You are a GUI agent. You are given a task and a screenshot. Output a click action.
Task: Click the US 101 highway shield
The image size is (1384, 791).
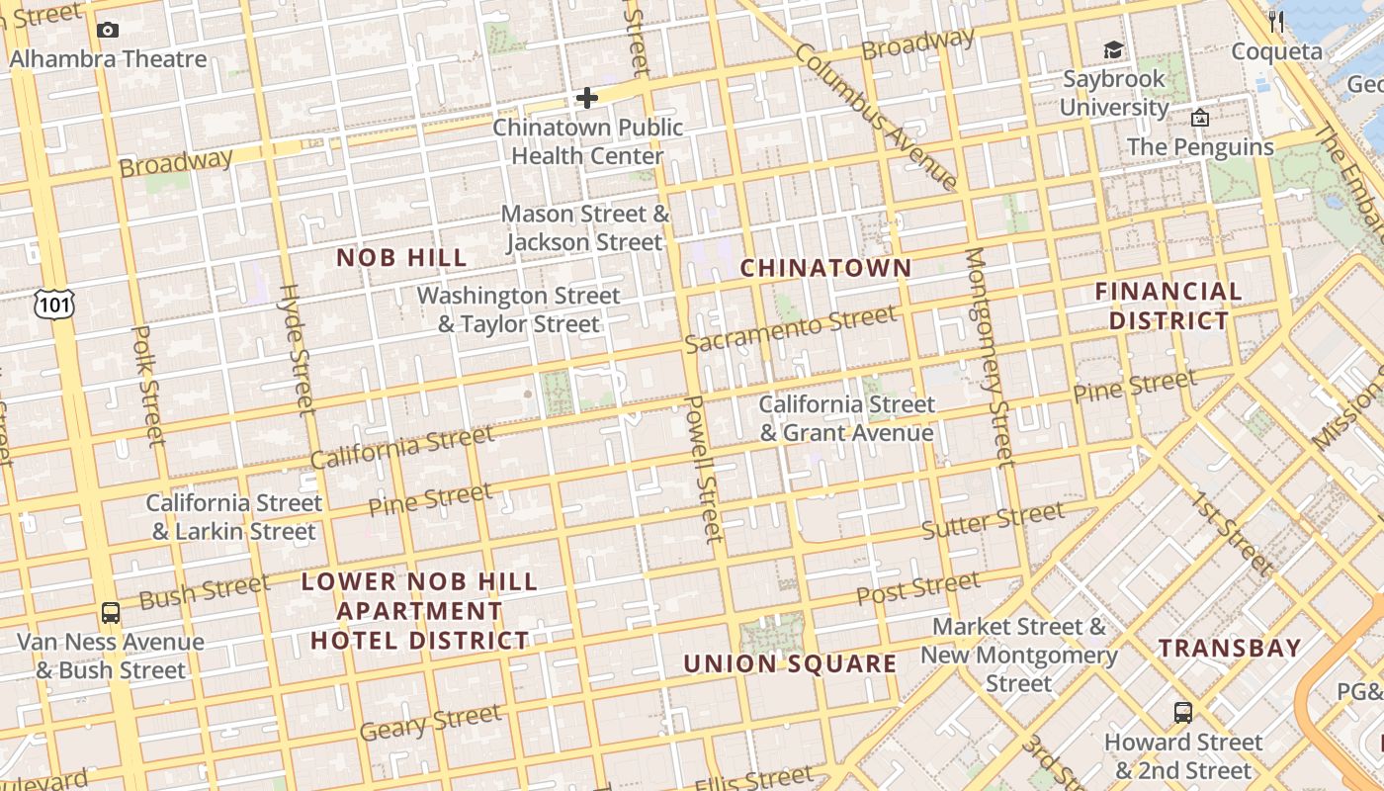(53, 305)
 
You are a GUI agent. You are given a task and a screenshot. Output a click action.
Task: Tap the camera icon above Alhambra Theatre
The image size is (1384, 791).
(108, 31)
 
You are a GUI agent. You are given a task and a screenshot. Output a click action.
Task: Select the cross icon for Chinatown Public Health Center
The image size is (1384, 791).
(587, 98)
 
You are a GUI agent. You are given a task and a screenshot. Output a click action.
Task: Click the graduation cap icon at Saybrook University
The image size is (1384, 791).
(1114, 50)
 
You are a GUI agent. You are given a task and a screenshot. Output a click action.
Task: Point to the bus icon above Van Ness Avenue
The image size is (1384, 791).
(111, 613)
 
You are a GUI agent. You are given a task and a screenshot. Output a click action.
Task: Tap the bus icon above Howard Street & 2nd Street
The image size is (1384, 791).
(1182, 713)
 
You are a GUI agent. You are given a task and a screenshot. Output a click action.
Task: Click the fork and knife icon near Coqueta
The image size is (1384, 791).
(1276, 21)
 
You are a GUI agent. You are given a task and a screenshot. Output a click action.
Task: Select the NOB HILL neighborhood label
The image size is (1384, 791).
(401, 258)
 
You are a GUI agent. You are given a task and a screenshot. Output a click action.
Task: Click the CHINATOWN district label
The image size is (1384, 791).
(825, 268)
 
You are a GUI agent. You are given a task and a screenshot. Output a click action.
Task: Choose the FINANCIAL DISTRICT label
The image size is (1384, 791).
(1168, 306)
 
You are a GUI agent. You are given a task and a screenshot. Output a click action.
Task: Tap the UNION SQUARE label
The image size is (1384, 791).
(790, 663)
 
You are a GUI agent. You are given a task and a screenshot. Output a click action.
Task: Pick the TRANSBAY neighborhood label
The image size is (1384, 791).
(1230, 649)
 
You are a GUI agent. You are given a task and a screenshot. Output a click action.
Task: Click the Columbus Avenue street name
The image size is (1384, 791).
(876, 117)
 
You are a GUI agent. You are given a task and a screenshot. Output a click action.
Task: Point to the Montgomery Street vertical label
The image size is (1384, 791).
(990, 356)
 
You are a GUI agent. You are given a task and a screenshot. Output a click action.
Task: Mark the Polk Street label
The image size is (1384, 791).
(147, 386)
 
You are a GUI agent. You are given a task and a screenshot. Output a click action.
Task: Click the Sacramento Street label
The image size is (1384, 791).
(791, 329)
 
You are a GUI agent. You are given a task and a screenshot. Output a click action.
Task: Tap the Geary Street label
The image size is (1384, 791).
(430, 723)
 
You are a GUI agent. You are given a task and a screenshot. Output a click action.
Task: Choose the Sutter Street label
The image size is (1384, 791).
(993, 521)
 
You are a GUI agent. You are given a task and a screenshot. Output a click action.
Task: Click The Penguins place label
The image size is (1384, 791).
(1200, 147)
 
